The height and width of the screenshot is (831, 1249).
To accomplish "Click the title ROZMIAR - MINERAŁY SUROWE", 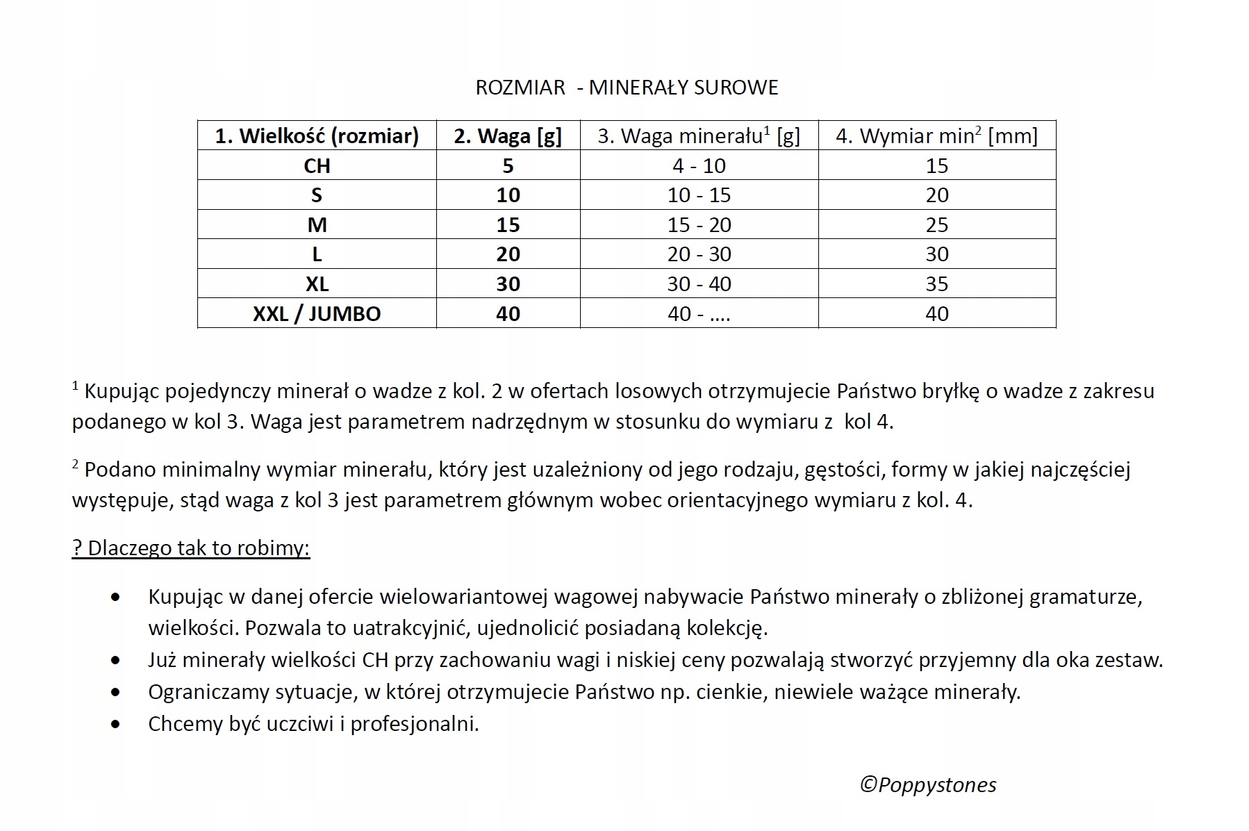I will (627, 88).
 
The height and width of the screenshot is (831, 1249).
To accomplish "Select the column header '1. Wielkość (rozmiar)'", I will (317, 135).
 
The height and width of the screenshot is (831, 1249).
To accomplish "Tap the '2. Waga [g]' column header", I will (508, 135).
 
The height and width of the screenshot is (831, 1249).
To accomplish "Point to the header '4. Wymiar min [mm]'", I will (936, 135).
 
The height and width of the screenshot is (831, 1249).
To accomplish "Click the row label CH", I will (317, 165).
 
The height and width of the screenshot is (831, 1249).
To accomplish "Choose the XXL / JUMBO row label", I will (317, 313).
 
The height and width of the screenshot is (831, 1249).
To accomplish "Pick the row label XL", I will (317, 283).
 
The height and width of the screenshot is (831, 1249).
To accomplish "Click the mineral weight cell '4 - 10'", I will (699, 165).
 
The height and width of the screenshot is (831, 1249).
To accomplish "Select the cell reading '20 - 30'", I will (699, 254).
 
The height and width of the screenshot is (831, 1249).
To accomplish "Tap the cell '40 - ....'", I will (699, 313).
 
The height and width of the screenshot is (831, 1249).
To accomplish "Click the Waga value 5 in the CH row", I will (508, 165).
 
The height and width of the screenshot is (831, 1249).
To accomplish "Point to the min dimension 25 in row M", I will (936, 224).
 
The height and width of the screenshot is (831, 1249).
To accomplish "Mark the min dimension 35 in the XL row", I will (936, 283).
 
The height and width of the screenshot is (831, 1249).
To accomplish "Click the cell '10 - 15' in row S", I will (699, 195).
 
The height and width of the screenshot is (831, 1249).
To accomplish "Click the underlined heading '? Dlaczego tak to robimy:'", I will (191, 548).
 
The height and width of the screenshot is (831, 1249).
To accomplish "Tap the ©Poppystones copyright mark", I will (928, 784).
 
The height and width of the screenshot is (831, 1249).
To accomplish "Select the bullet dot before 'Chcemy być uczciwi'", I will (115, 724).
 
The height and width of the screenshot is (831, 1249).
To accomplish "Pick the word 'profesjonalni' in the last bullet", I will (414, 724).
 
